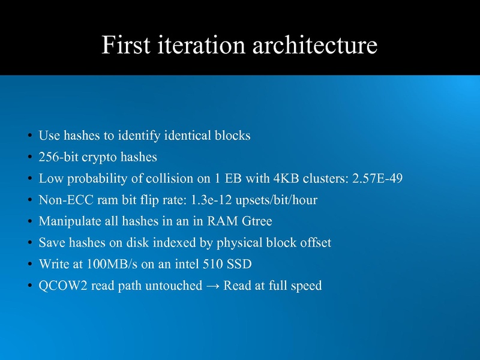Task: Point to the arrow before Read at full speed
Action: [212, 286]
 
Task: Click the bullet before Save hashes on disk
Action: [30, 243]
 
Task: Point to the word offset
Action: [314, 242]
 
